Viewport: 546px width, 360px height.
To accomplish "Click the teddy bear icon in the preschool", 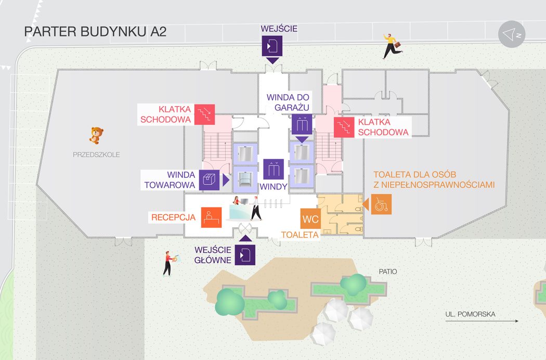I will tap(95, 135).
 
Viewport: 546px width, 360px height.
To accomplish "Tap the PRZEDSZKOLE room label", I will tap(96, 155).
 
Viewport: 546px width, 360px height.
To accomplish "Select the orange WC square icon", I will tap(310, 219).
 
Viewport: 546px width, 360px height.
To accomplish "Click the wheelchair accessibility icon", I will tap(381, 204).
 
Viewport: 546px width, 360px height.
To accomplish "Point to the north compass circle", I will tap(512, 34).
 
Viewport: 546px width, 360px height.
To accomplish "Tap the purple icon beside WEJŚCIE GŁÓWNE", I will tap(245, 255).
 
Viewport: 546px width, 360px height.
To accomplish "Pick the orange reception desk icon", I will tap(211, 217).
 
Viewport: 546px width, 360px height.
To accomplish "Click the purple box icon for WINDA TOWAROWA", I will tap(209, 179).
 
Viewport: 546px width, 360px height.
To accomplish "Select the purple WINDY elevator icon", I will tap(274, 169).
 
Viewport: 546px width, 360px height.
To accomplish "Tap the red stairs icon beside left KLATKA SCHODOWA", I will tap(204, 114).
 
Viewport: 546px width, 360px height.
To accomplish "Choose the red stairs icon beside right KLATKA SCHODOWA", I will tap(344, 127).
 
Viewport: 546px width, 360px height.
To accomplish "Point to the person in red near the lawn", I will tap(168, 263).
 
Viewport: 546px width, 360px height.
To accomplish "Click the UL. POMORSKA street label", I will tap(470, 314).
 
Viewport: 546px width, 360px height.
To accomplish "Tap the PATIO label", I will tap(387, 272).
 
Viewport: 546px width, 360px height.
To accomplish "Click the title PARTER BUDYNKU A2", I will tap(95, 32).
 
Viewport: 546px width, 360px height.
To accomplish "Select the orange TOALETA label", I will tap(300, 235).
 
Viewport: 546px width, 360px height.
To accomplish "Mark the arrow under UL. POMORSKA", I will tap(482, 321).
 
